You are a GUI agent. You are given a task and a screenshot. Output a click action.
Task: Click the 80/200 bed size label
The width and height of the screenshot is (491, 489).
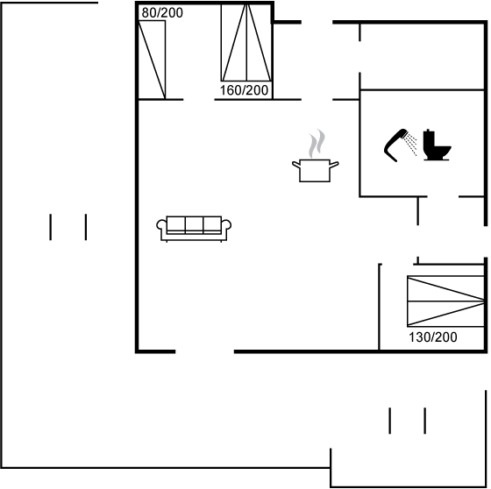tap(162, 13)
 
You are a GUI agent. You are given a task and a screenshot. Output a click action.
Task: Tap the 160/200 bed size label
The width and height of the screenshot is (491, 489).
tap(244, 90)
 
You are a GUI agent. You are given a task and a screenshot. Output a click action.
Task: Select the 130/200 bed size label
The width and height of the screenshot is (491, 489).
tap(433, 337)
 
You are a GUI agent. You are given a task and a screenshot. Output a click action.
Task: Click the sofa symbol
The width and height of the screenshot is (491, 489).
tap(194, 229)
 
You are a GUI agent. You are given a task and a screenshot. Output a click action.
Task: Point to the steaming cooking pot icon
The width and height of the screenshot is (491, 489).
tap(316, 156)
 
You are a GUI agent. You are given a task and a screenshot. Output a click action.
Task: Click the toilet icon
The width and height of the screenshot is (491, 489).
tap(438, 145)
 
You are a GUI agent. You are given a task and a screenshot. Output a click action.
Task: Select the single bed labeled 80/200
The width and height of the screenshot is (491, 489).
tap(152, 60)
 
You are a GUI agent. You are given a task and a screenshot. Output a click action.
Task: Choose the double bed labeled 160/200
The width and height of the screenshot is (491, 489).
tap(246, 42)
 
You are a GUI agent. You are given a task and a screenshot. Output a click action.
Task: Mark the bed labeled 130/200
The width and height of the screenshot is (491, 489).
tap(445, 301)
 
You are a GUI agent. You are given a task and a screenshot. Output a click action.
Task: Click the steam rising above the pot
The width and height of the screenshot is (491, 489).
tap(317, 144)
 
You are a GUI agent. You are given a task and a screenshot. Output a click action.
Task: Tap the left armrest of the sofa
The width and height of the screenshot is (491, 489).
tap(161, 226)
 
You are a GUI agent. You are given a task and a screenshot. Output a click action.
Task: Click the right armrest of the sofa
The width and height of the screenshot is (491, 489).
tap(226, 226)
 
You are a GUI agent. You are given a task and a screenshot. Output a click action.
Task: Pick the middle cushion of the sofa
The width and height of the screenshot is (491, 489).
tap(194, 224)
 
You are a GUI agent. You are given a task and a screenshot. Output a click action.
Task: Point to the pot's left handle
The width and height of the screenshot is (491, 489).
tap(295, 164)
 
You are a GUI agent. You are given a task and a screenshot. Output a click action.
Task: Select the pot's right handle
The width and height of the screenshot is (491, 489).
tap(334, 164)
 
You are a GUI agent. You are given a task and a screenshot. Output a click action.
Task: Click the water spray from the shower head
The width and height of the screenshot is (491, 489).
tap(411, 144)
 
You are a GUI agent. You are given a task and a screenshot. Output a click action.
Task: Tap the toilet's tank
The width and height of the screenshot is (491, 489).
tap(429, 140)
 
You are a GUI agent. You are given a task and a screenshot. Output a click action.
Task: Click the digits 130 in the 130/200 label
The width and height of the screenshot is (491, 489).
tap(419, 337)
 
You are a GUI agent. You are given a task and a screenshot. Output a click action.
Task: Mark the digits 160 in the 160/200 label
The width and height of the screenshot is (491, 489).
tap(231, 90)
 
